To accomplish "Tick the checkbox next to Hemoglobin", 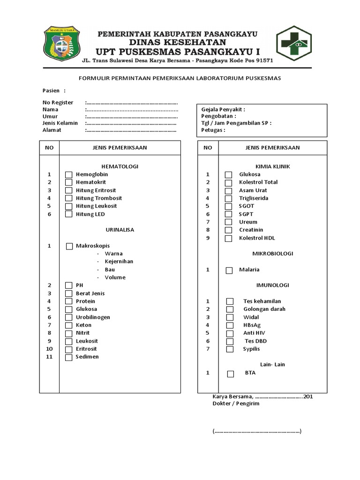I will pyautogui.click(x=69, y=175).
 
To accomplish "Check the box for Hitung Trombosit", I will pyautogui.click(x=69, y=198).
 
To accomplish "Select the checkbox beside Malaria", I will pyautogui.click(x=229, y=270).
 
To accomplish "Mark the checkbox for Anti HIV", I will pyautogui.click(x=229, y=333).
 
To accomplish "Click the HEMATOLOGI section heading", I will pyautogui.click(x=120, y=166).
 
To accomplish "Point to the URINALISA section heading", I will pyautogui.click(x=120, y=230).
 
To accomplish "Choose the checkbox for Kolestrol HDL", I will pyautogui.click(x=228, y=238).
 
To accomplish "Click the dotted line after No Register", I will pyautogui.click(x=132, y=103).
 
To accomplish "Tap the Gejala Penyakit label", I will pyautogui.click(x=223, y=109).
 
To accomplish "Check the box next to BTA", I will pyautogui.click(x=230, y=374).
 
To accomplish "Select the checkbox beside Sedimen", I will pyautogui.click(x=69, y=357).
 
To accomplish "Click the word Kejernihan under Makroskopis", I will pyautogui.click(x=119, y=262).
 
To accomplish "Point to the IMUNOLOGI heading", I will pyautogui.click(x=272, y=285).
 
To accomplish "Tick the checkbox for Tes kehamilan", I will pyautogui.click(x=229, y=301).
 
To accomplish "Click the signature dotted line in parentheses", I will pyautogui.click(x=257, y=431).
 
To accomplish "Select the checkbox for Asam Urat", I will pyautogui.click(x=228, y=191).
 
